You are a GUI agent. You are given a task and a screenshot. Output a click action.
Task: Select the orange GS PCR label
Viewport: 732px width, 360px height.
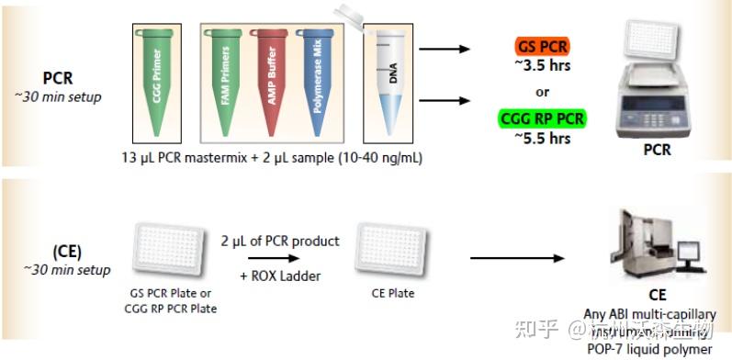click(541, 45)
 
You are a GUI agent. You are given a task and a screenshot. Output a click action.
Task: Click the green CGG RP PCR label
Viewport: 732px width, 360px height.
click(542, 119)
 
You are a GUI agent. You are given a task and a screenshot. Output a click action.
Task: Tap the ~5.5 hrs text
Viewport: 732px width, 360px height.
click(542, 139)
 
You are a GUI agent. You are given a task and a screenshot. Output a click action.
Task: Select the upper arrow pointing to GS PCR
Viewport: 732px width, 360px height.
click(450, 49)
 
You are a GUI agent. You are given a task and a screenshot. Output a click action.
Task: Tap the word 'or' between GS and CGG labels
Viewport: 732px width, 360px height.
click(542, 92)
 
